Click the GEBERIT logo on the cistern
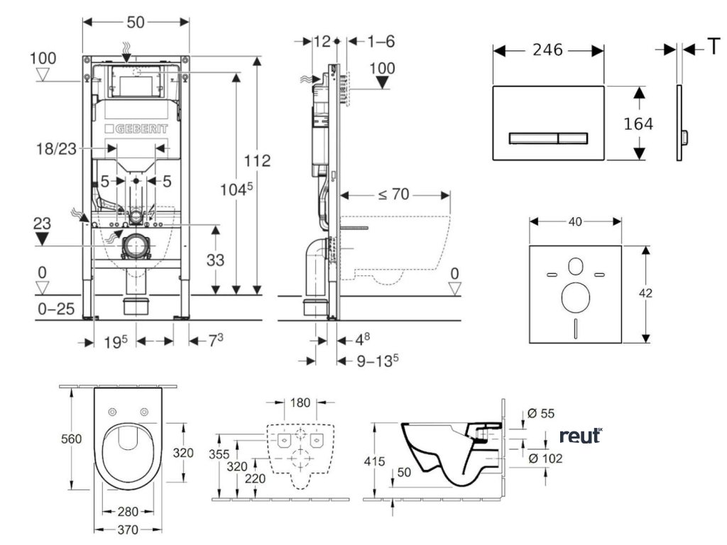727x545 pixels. click(136, 129)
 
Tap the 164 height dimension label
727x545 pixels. click(638, 123)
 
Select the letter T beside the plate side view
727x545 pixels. click(713, 48)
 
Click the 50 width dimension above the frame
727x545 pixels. click(136, 22)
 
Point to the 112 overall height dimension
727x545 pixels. click(257, 161)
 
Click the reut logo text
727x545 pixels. click(580, 436)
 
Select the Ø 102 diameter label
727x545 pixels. click(545, 458)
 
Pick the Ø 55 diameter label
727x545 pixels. click(542, 414)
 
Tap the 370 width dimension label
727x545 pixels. click(128, 529)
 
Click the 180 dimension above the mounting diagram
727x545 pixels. click(300, 404)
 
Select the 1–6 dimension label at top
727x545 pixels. click(381, 42)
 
